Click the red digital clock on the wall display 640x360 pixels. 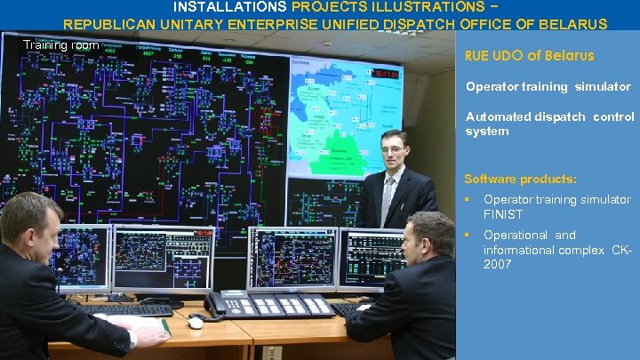click(387, 74)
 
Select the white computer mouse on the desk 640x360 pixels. click(196, 323)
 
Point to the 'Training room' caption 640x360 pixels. click(61, 45)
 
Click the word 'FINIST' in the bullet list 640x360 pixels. click(503, 214)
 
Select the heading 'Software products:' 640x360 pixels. click(520, 179)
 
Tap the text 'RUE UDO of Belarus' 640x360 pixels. click(529, 55)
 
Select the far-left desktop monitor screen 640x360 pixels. click(83, 259)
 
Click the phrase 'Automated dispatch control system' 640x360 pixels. click(549, 124)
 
